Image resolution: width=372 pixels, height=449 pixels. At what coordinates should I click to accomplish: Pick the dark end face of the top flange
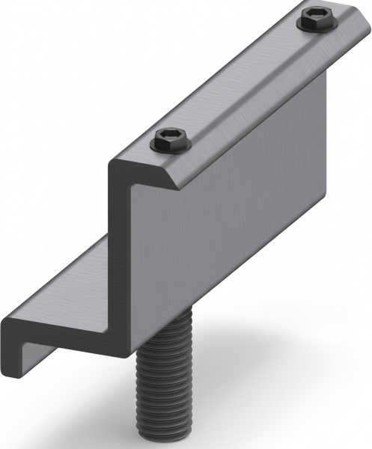click(x=142, y=173)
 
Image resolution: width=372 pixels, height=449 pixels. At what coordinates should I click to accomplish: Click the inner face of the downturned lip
click(x=30, y=348)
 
